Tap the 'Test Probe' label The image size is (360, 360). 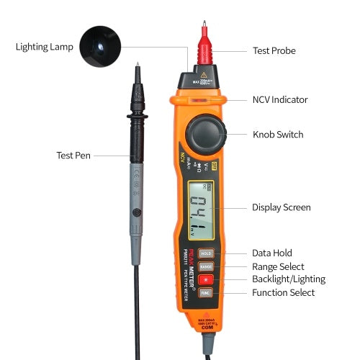[274, 50]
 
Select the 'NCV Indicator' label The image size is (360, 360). [280, 100]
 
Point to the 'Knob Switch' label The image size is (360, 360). [277, 135]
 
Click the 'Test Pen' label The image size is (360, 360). [74, 155]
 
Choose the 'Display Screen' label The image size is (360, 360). [281, 207]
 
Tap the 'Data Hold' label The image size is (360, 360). [271, 253]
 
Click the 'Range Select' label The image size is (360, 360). [278, 266]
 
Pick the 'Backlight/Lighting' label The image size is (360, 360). [288, 279]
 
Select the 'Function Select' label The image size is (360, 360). [283, 292]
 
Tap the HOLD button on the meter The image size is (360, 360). [205, 253]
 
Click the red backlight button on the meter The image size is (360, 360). [205, 279]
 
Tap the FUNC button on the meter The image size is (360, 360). [205, 292]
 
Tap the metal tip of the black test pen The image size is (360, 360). [137, 72]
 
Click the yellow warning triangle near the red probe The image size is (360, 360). [204, 76]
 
